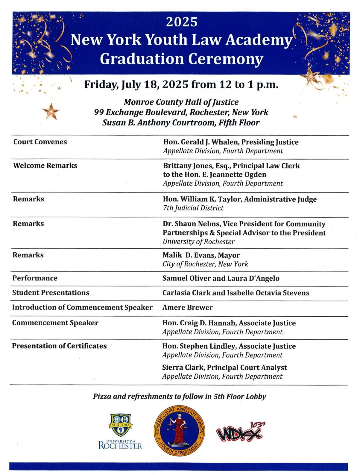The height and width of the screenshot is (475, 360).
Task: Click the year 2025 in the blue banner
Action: pos(182,22)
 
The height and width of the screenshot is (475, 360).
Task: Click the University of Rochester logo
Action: pos(120,431)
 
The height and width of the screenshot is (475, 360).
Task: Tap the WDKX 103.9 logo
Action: pos(240,432)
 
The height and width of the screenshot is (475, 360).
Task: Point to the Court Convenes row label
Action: pos(40,142)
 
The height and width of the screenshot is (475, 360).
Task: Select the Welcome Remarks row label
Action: pos(45,166)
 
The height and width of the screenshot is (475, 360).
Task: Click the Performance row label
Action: pos(35,278)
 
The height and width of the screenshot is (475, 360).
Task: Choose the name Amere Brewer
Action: pos(187,307)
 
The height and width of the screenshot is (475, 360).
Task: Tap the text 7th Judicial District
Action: pos(193,208)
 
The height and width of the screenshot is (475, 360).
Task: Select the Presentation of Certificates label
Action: pos(59,346)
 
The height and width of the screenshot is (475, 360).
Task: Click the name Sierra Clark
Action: pos(183,368)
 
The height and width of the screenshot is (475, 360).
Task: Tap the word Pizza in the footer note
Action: pos(102,396)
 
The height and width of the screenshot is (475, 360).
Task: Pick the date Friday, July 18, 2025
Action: pos(136,85)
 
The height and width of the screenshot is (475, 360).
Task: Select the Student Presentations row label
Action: pos(51,293)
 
